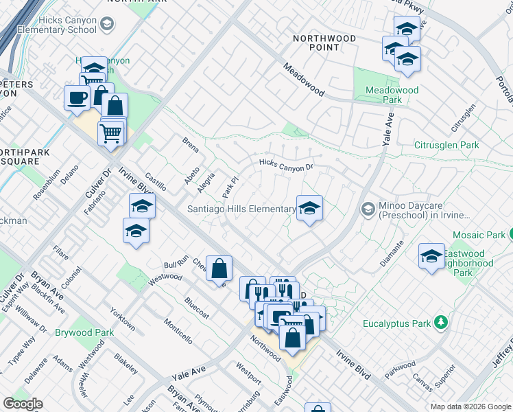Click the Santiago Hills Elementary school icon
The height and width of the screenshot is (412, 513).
pos(309,208)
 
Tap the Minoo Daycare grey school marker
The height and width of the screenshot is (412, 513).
pos(368,208)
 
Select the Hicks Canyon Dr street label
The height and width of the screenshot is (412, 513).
pos(286,164)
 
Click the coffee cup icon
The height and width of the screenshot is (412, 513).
pos(76,96)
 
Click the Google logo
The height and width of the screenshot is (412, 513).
pos(23,404)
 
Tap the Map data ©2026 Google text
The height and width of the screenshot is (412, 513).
pos(470,407)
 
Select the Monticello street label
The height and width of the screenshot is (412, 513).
pos(178,330)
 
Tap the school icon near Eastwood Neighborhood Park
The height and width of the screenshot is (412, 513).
pos(431,256)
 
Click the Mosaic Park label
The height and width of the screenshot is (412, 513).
pos(478,235)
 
